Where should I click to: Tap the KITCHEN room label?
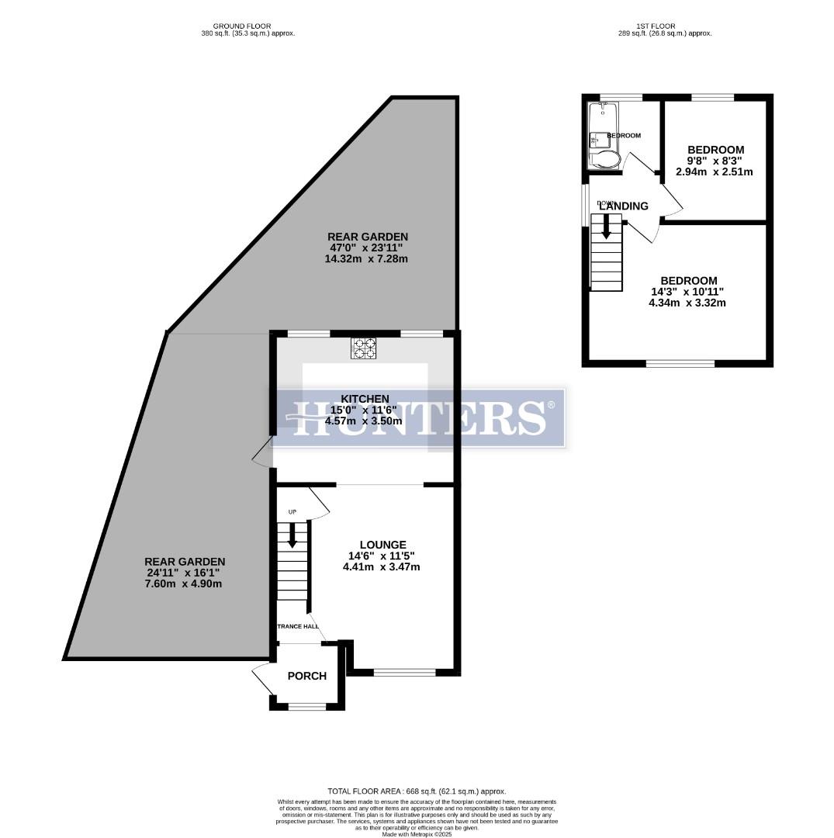click(364, 398)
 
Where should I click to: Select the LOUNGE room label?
click(382, 545)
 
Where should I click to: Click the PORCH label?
click(306, 676)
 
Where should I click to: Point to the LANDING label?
click(623, 206)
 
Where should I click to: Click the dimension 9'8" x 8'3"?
click(715, 161)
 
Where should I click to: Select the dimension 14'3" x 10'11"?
click(688, 292)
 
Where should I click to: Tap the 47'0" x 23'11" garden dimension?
click(367, 248)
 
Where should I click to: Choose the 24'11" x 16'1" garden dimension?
click(185, 573)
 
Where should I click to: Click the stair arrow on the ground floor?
click(292, 536)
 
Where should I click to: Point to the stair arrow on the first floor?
click(606, 226)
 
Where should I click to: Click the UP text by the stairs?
click(292, 512)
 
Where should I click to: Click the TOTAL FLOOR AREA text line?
click(417, 791)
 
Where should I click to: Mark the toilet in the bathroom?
click(604, 160)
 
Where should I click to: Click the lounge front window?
click(404, 673)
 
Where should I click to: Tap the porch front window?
click(306, 706)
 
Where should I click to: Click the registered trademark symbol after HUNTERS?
click(552, 405)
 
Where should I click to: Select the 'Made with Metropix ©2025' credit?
click(417, 833)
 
